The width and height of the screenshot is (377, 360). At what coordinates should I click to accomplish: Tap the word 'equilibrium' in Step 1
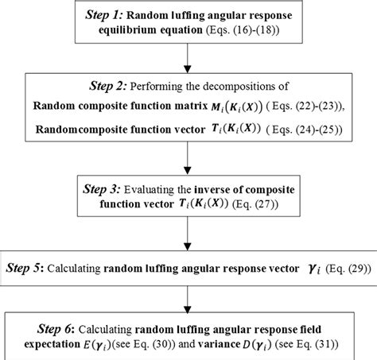149,33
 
